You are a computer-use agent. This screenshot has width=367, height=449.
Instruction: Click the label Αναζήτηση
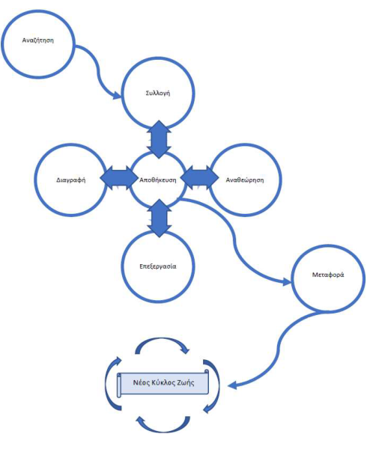37,40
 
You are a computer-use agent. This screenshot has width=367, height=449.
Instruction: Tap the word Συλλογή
158,94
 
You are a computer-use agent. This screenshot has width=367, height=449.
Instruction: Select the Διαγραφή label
70,180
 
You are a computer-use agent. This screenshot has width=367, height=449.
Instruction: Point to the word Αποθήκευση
158,180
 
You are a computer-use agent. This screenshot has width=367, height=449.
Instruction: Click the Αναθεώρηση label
245,180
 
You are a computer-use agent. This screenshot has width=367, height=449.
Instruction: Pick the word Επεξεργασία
158,266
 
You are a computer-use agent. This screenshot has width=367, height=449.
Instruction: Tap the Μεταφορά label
328,275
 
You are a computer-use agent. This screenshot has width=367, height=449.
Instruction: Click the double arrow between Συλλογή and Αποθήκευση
159,139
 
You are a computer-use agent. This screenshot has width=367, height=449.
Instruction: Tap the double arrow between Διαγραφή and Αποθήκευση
119,178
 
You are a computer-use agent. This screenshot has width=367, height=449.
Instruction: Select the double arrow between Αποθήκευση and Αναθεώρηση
200,178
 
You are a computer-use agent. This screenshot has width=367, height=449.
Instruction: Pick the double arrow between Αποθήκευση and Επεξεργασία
160,219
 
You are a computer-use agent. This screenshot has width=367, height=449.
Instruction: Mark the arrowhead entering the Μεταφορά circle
287,282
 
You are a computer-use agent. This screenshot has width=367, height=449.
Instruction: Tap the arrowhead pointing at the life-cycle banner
233,385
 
